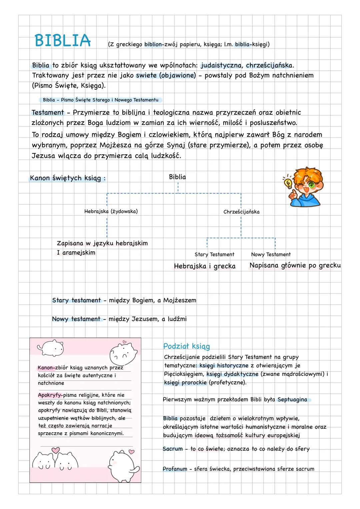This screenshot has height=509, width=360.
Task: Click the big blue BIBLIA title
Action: [62, 41]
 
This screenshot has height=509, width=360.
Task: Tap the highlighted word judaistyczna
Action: [221, 65]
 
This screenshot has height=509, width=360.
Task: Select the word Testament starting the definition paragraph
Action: [48, 113]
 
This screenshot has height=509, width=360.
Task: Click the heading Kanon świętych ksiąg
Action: [68, 178]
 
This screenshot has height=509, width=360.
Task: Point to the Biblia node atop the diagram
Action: [177, 177]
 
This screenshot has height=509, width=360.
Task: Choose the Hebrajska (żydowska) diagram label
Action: [111, 211]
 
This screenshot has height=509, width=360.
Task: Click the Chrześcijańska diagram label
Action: [241, 212]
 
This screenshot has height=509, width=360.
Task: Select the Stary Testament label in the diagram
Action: [214, 254]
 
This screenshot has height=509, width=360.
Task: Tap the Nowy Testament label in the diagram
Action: [271, 254]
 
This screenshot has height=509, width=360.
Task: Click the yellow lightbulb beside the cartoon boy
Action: [287, 182]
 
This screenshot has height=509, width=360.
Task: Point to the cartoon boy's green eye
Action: [311, 184]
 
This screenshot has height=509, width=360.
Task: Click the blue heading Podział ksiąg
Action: [186, 346]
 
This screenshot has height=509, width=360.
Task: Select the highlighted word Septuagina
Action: [292, 399]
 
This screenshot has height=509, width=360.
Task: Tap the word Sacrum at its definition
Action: [173, 449]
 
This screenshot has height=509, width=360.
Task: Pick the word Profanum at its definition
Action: [175, 469]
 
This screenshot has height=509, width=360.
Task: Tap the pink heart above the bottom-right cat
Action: [132, 452]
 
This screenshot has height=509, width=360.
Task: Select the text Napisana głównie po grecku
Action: [295, 265]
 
